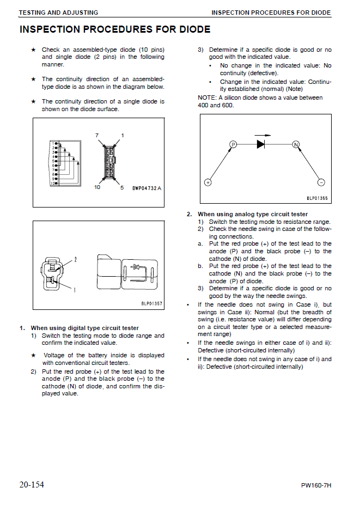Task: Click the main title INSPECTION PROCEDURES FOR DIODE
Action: (x=115, y=29)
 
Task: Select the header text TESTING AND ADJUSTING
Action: (x=58, y=12)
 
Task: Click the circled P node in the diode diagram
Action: (x=233, y=144)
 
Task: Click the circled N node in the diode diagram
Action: (x=296, y=144)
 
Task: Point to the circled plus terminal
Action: (x=208, y=182)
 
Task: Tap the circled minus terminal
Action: (x=321, y=182)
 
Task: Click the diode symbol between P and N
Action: (x=261, y=144)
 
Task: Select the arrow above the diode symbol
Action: (x=263, y=135)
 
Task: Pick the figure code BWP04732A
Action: (x=147, y=188)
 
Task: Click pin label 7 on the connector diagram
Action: (x=96, y=135)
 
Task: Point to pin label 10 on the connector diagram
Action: (x=96, y=187)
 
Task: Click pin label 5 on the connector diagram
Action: (x=122, y=187)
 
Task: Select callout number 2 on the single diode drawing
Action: (x=76, y=260)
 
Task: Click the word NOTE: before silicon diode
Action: (x=208, y=97)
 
